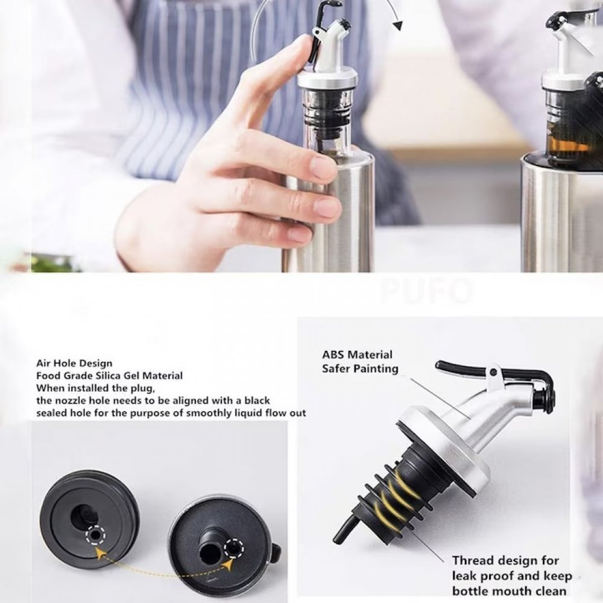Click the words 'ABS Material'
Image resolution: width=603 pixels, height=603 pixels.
point(357,355)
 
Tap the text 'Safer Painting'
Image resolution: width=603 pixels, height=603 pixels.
point(361,369)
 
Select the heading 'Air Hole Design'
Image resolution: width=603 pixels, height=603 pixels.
point(74,364)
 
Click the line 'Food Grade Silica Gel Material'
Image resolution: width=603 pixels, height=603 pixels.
point(109,376)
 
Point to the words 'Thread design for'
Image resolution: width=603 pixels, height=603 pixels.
point(505,561)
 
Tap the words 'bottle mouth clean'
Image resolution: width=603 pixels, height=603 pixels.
point(509,591)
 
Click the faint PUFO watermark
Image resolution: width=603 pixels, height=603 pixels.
point(427,291)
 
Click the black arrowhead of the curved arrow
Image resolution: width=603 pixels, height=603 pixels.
point(397,26)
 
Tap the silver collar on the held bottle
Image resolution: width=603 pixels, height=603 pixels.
point(327,79)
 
